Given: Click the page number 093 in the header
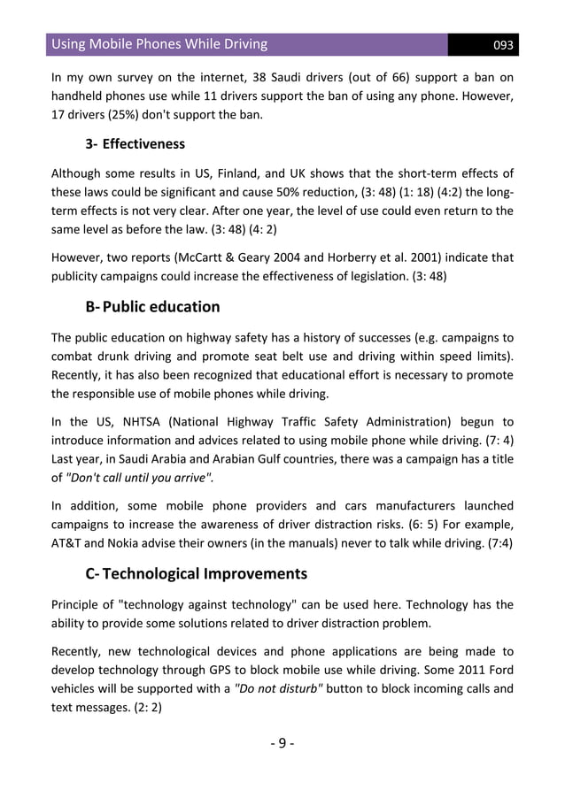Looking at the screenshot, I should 503,45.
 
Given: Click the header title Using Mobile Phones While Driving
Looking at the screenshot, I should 159,44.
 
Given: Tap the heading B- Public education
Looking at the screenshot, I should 152,307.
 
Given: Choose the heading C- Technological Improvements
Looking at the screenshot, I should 196,573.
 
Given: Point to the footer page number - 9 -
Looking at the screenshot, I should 282,742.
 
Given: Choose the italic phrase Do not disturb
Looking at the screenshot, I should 277,691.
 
